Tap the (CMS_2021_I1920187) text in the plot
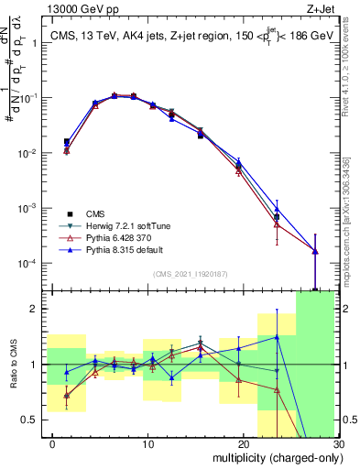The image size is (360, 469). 191,274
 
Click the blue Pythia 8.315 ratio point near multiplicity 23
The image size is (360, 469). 277,338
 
